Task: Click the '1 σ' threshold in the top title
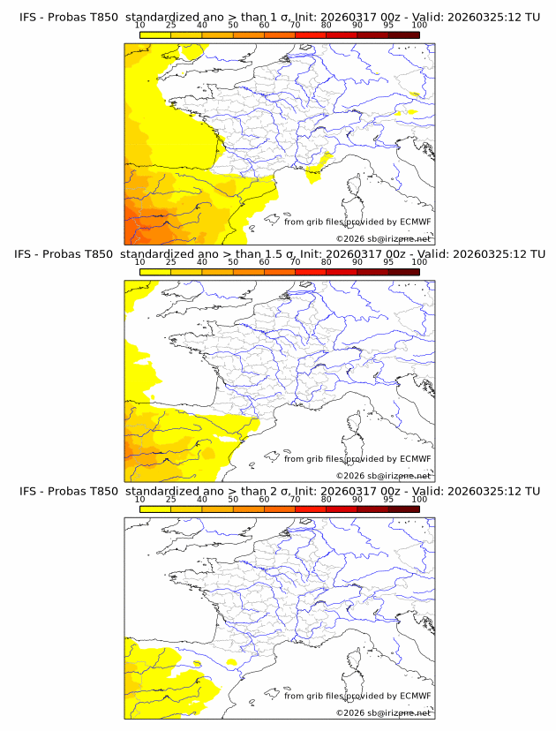[281, 17]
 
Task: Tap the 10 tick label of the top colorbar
[139, 26]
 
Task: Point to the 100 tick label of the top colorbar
[419, 26]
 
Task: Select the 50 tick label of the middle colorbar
[233, 262]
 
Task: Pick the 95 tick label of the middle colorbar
[388, 262]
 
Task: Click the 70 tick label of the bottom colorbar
[295, 500]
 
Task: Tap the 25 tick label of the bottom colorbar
[170, 500]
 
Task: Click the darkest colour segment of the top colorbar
[403, 34]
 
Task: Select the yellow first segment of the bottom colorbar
[154, 509]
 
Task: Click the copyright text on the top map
[383, 238]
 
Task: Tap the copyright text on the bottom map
[383, 712]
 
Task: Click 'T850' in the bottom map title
[101, 491]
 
